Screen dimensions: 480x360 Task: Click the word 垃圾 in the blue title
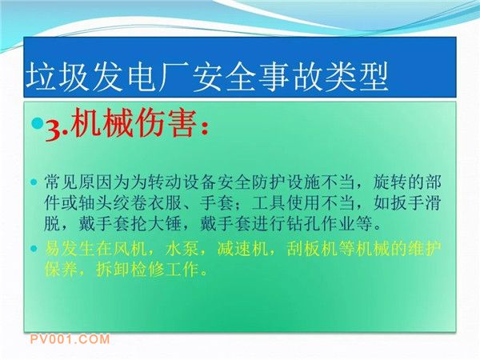point(58,77)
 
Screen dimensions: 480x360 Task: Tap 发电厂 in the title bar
point(142,77)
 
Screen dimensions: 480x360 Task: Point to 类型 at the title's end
point(356,77)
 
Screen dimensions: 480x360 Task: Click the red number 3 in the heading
point(52,131)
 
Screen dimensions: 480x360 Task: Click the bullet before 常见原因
point(34,182)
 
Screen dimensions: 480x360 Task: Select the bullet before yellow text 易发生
point(34,248)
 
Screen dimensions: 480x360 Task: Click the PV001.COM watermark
point(70,339)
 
